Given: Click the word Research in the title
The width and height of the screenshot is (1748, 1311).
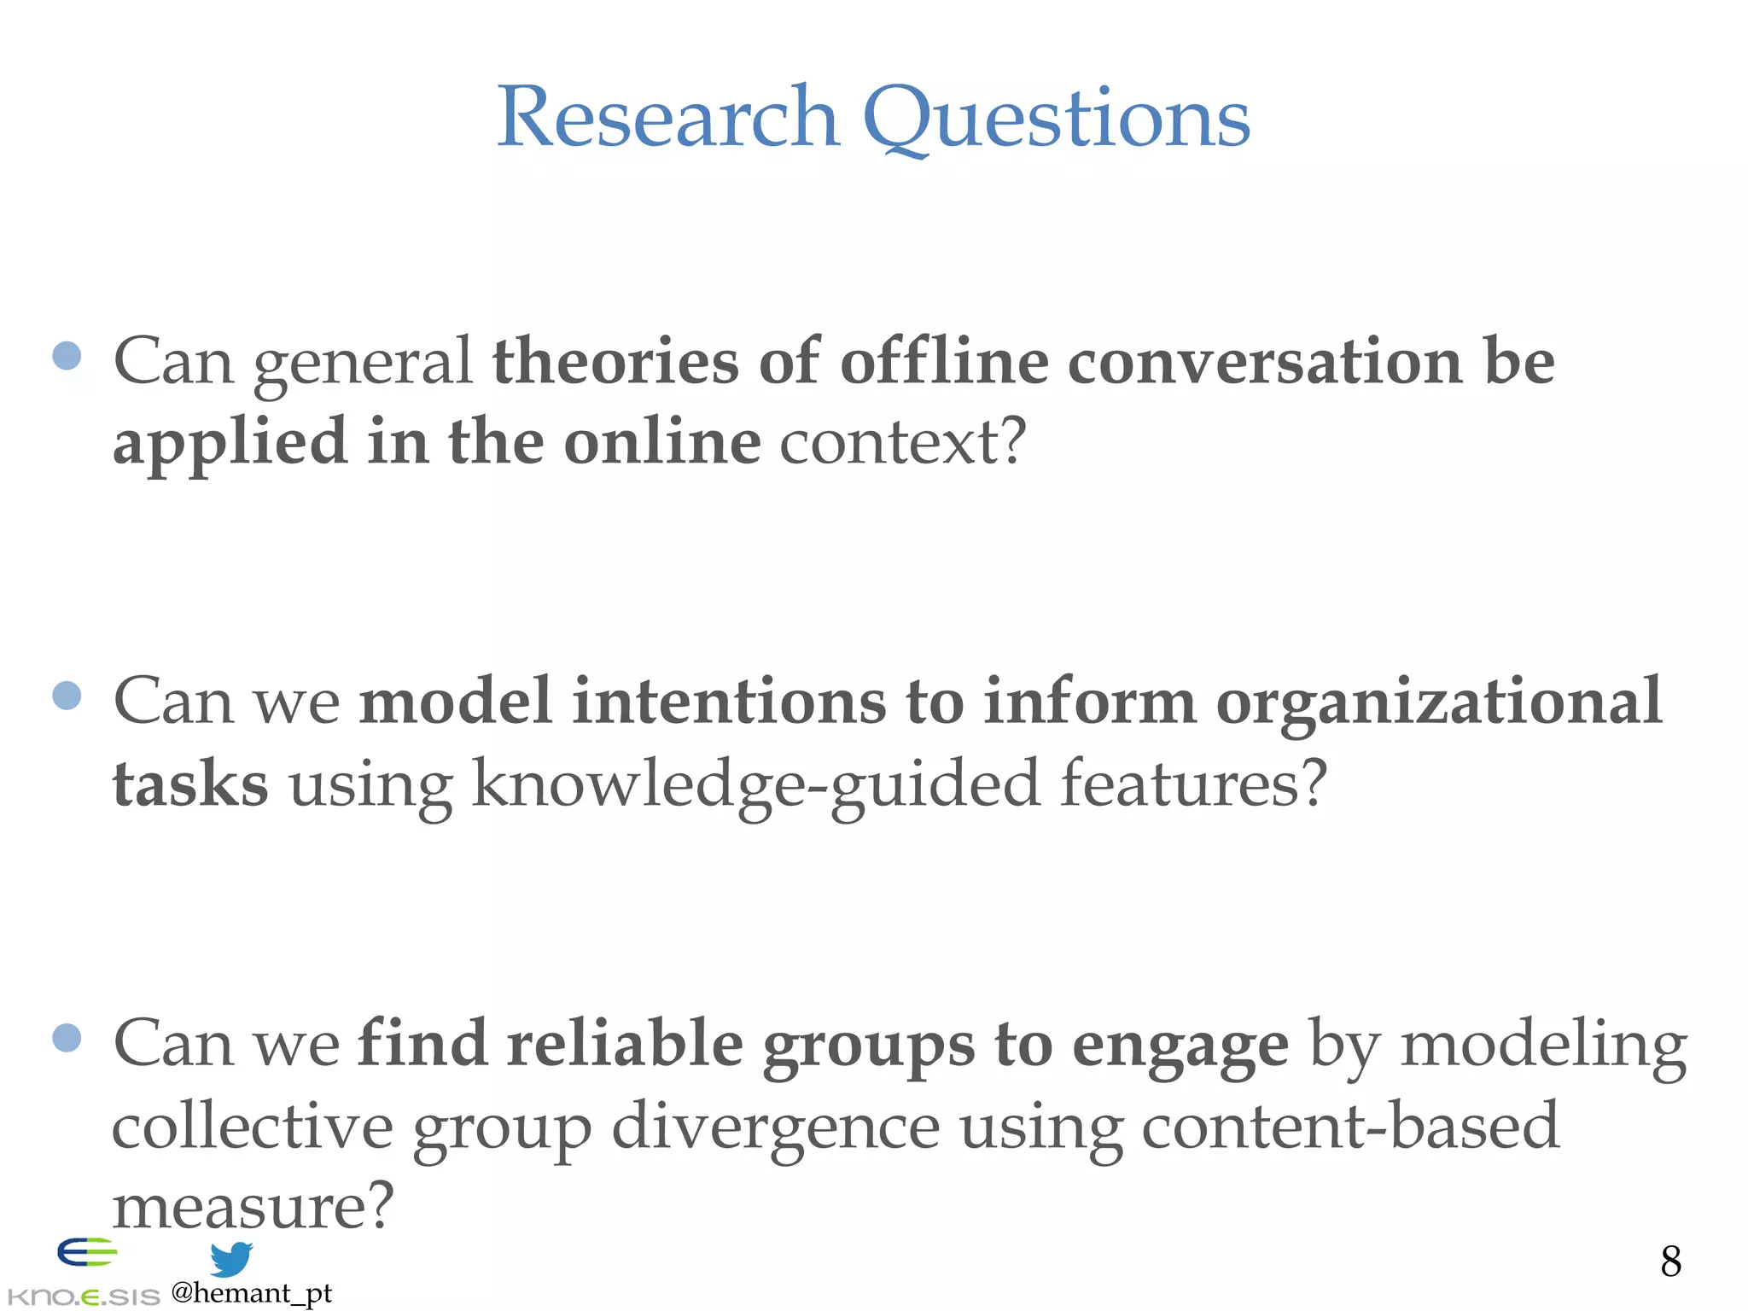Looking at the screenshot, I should pyautogui.click(x=667, y=117).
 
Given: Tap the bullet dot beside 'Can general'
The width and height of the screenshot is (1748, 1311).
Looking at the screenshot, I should pyautogui.click(x=67, y=355).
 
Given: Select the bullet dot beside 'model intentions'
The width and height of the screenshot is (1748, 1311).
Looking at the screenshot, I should pyautogui.click(x=67, y=695).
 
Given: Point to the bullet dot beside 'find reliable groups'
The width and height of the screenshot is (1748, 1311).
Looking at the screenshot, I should pyautogui.click(x=67, y=1038).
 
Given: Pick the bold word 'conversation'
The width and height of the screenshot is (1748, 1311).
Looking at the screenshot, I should pyautogui.click(x=1265, y=362).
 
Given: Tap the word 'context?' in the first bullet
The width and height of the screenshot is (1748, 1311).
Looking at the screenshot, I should pyautogui.click(x=903, y=442).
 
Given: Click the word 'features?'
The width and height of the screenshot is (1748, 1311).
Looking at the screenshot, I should pyautogui.click(x=1194, y=784).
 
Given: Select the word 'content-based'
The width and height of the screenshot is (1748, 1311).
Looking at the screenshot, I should pyautogui.click(x=1350, y=1125).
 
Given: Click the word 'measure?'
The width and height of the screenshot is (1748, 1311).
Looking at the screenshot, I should pyautogui.click(x=253, y=1205).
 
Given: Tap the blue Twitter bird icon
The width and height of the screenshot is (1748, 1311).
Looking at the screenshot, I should pyautogui.click(x=230, y=1259).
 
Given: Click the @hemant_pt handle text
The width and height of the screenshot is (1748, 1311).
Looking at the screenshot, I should pyautogui.click(x=251, y=1293).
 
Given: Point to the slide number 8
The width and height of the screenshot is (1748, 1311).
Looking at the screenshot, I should pyautogui.click(x=1671, y=1261).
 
